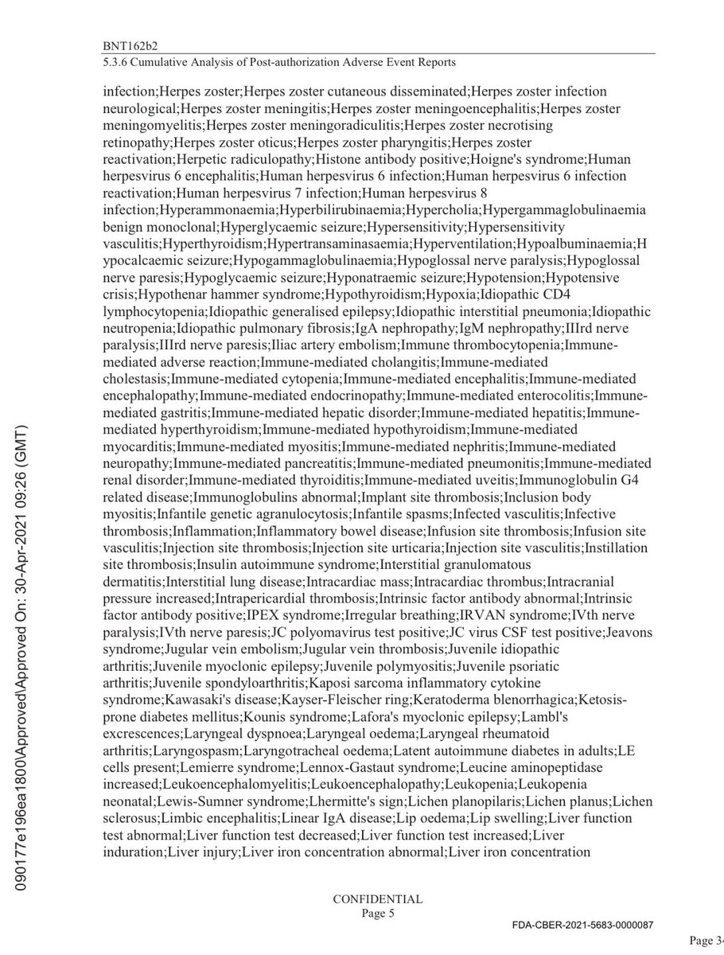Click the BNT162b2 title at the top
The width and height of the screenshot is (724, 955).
pos(129,46)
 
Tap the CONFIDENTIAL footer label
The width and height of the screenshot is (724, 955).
pos(377,899)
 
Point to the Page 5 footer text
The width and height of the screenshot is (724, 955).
pos(377,914)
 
